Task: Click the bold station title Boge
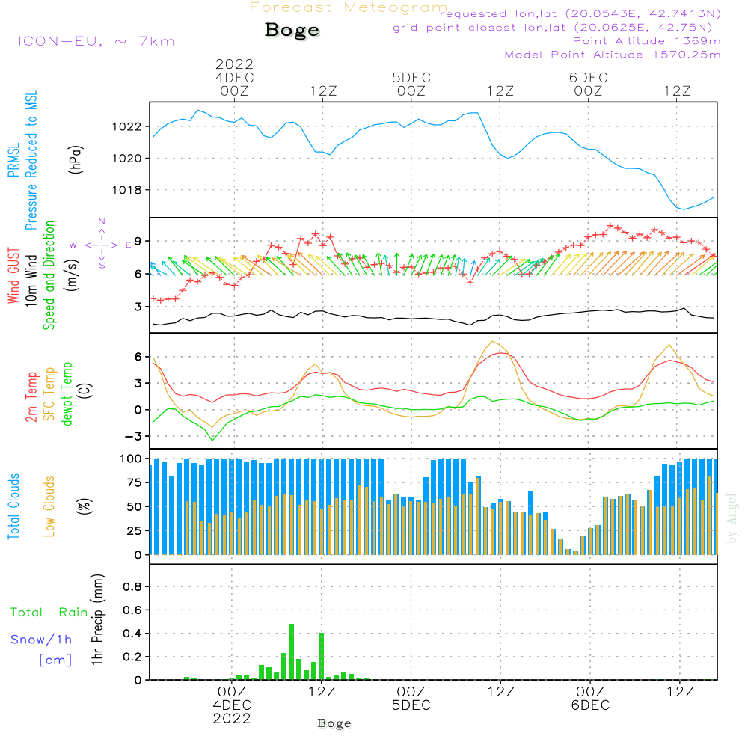pyautogui.click(x=292, y=31)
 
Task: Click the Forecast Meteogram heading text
pyautogui.click(x=349, y=8)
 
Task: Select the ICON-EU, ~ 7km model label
pyautogui.click(x=96, y=41)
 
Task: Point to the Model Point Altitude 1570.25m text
pyautogui.click(x=613, y=55)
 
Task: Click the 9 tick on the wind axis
pyautogui.click(x=138, y=241)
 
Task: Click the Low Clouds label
pyautogui.click(x=49, y=506)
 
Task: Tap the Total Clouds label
pyautogui.click(x=14, y=506)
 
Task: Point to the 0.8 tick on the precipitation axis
pyautogui.click(x=132, y=587)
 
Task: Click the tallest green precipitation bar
pyautogui.click(x=292, y=652)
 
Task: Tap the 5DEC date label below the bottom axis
pyautogui.click(x=411, y=705)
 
